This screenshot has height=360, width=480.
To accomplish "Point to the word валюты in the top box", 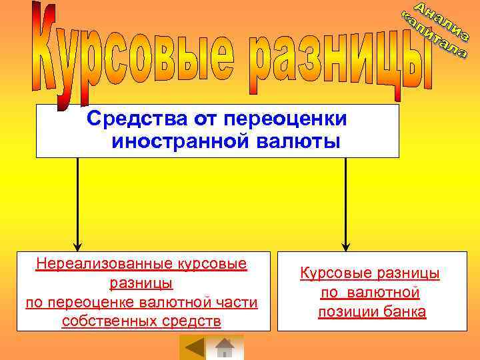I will click(x=303, y=142).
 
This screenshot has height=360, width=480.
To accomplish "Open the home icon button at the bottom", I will click(x=225, y=348).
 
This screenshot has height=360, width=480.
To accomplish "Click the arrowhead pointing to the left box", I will click(x=77, y=245).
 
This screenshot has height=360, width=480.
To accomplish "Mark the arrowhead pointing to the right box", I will click(x=345, y=245).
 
